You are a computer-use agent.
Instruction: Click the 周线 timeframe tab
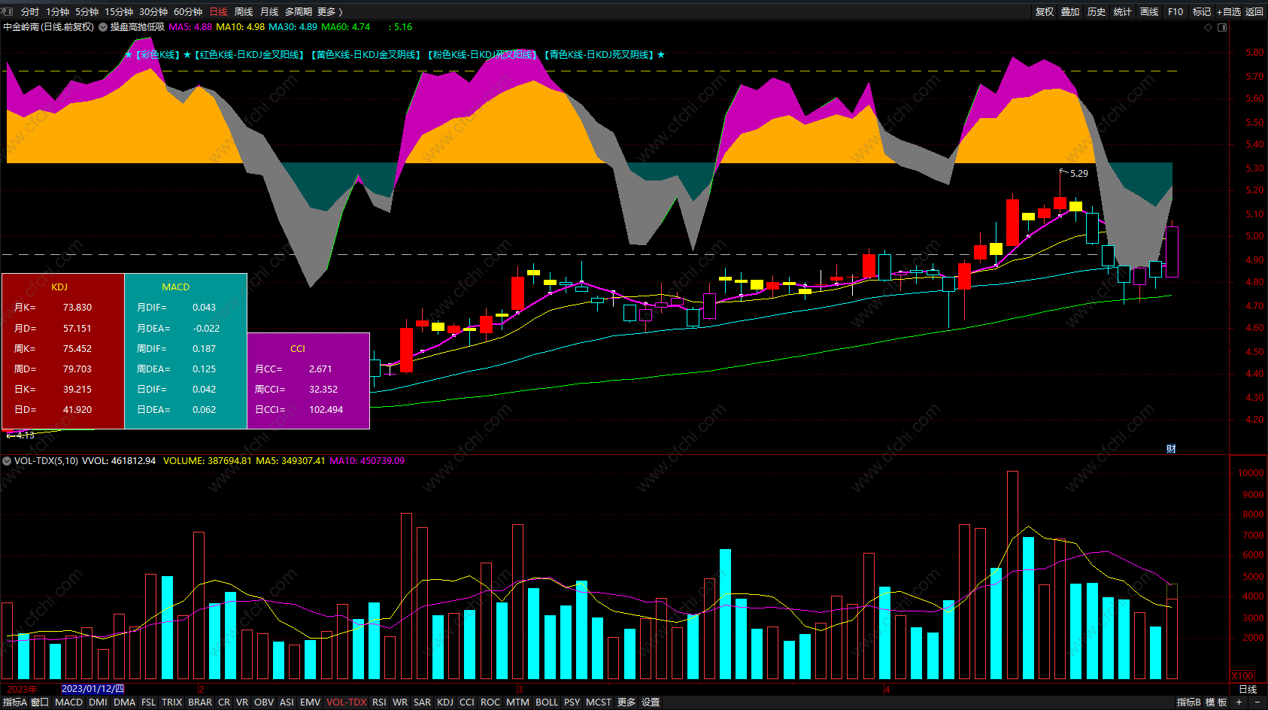(244, 12)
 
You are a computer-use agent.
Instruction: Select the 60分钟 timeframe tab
(188, 12)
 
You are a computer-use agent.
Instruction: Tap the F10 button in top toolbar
(1175, 12)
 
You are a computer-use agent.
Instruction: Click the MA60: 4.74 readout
(346, 27)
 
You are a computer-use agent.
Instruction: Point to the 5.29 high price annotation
(1078, 174)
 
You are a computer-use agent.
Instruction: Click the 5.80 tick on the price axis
(1254, 53)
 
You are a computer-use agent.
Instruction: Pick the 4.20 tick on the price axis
(1254, 420)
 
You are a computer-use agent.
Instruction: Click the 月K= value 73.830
(77, 308)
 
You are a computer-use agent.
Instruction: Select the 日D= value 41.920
(77, 410)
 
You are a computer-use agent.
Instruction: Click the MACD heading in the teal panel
(176, 287)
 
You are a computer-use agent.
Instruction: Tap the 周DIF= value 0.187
(204, 349)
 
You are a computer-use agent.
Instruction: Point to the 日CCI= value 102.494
(326, 410)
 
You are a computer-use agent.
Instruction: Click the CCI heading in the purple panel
(298, 349)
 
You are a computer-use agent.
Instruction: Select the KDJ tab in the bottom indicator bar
(445, 702)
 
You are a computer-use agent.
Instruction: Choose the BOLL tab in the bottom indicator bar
(547, 702)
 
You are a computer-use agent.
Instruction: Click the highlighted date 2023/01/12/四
(93, 689)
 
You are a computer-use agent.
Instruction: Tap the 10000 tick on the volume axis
(1250, 473)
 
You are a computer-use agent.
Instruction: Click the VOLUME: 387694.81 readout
(207, 461)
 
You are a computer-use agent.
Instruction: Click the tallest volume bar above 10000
(1012, 575)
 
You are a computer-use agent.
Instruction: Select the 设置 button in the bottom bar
(651, 702)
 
